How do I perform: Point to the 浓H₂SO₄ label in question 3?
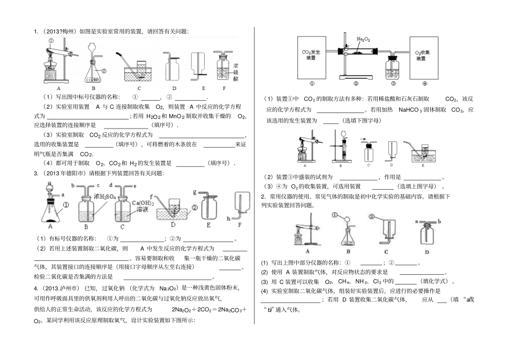coord(105,197)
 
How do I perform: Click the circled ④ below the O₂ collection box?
coord(425,84)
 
